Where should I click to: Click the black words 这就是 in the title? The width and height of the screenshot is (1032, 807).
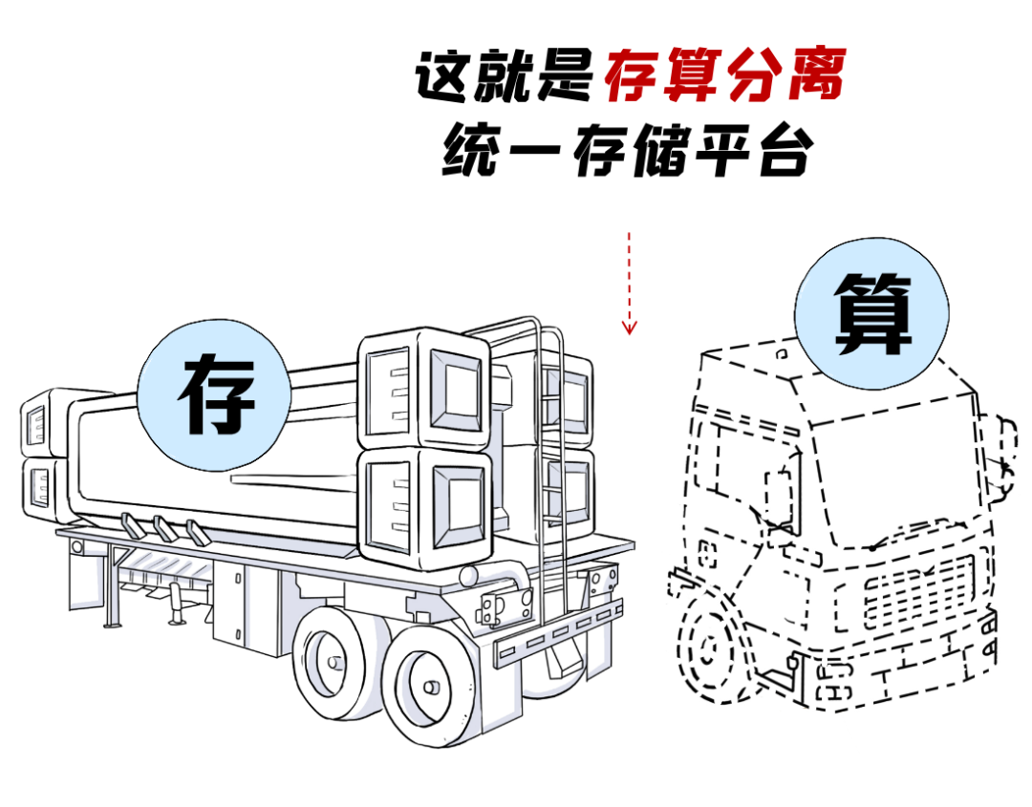(x=505, y=76)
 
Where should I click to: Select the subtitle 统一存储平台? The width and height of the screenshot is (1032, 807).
(x=628, y=151)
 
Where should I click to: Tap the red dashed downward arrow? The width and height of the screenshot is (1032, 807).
(x=629, y=283)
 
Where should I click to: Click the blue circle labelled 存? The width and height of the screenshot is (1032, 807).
(x=215, y=395)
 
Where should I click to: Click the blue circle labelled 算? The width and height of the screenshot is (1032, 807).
(x=872, y=313)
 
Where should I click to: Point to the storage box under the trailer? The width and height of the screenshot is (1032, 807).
(x=245, y=607)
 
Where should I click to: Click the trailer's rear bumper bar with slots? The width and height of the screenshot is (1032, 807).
(x=558, y=631)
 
